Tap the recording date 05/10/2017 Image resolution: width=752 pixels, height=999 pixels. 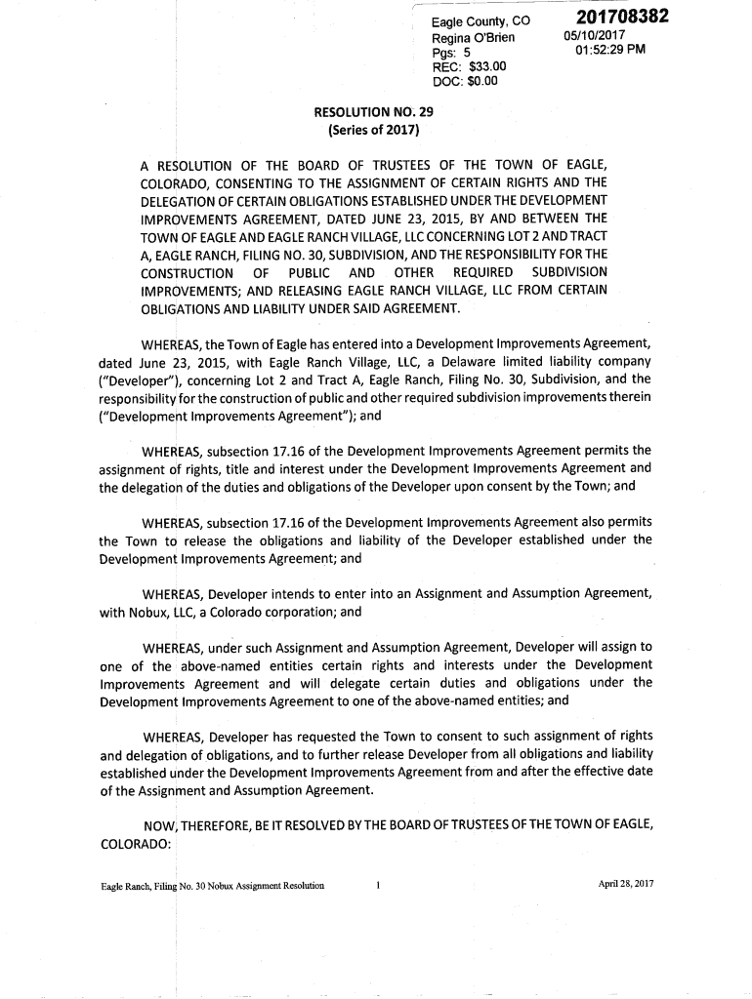coord(595,37)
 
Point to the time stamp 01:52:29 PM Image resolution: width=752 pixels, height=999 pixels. coord(610,51)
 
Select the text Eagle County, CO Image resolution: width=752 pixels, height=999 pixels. coord(480,21)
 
